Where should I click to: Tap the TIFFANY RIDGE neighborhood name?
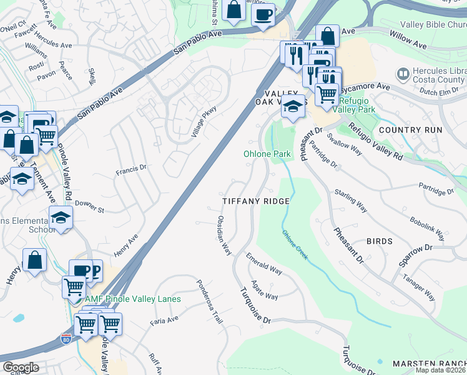coord(257,201)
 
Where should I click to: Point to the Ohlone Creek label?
coord(295,245)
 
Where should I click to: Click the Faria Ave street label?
coord(164,322)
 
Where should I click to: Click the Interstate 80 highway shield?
coord(66,339)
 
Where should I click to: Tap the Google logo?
coord(21,367)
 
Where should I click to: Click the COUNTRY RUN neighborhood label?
coord(410,130)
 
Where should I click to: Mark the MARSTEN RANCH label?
coord(429,364)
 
